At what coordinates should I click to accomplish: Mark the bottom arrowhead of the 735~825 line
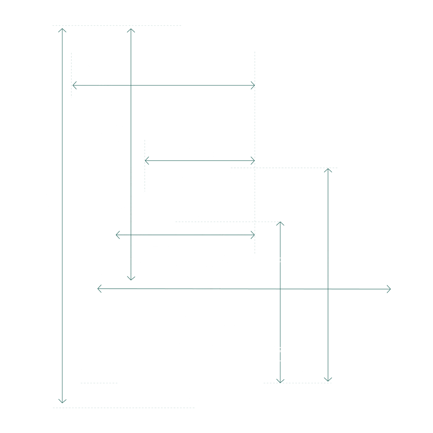coord(328,379)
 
